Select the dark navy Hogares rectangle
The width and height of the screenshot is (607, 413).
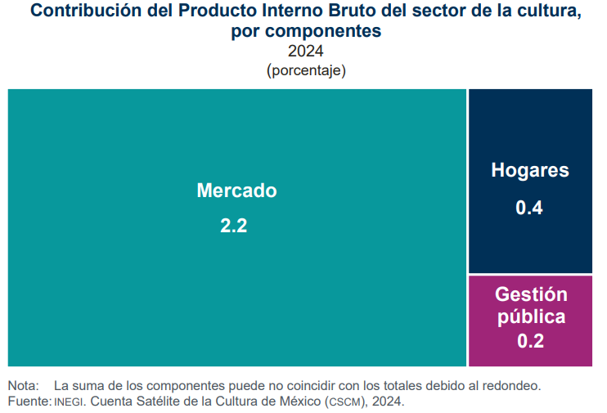(529, 131)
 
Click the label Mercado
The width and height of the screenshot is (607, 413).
(236, 191)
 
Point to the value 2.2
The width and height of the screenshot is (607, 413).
(233, 227)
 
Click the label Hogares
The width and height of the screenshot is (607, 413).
(529, 171)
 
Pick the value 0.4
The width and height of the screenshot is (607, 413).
(529, 208)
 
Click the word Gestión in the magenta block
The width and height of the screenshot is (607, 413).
(530, 295)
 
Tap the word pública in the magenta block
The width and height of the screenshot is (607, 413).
(530, 317)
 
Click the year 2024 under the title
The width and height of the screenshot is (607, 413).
(306, 52)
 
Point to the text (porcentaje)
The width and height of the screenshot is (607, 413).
(306, 70)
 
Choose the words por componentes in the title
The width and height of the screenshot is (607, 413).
(306, 32)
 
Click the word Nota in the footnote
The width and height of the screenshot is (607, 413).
(22, 385)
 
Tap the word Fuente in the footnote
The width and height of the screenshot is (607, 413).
(28, 402)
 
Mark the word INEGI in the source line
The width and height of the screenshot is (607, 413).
(70, 402)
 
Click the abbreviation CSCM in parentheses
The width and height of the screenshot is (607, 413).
(345, 402)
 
